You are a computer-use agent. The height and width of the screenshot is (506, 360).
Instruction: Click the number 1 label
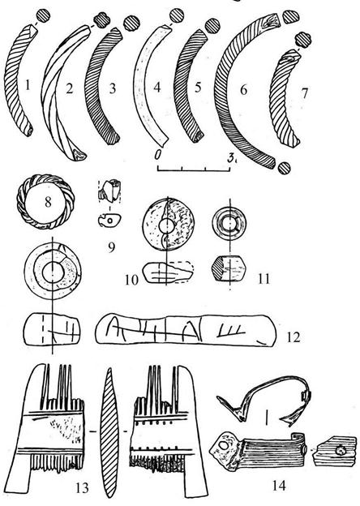(28, 85)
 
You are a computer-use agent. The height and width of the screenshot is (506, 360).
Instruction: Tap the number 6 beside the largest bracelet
(243, 89)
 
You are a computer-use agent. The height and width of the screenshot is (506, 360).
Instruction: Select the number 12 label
(293, 337)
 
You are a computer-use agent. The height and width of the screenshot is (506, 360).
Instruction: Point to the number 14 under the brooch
(279, 484)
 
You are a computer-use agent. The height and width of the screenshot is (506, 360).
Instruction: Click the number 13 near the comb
(82, 487)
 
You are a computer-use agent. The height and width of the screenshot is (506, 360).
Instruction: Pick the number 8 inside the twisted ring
(48, 203)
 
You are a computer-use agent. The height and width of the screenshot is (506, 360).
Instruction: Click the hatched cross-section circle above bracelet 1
(43, 15)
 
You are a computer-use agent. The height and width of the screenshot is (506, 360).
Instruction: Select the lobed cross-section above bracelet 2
(101, 20)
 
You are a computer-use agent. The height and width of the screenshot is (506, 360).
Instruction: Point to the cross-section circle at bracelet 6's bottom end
(285, 168)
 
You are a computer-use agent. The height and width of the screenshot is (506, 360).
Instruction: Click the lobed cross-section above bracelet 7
(302, 40)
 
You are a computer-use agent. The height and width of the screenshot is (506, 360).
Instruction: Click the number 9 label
(111, 247)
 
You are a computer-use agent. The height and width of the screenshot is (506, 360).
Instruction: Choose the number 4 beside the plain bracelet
(157, 87)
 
